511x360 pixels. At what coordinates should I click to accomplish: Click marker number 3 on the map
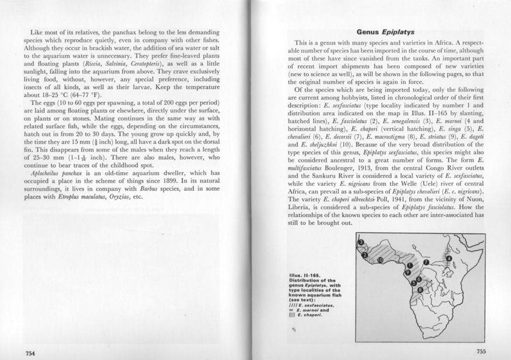(361, 242)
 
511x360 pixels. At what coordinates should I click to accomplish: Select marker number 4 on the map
(449, 258)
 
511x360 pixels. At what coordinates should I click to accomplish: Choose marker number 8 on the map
(421, 290)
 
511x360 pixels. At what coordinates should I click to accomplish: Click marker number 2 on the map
(365, 255)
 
